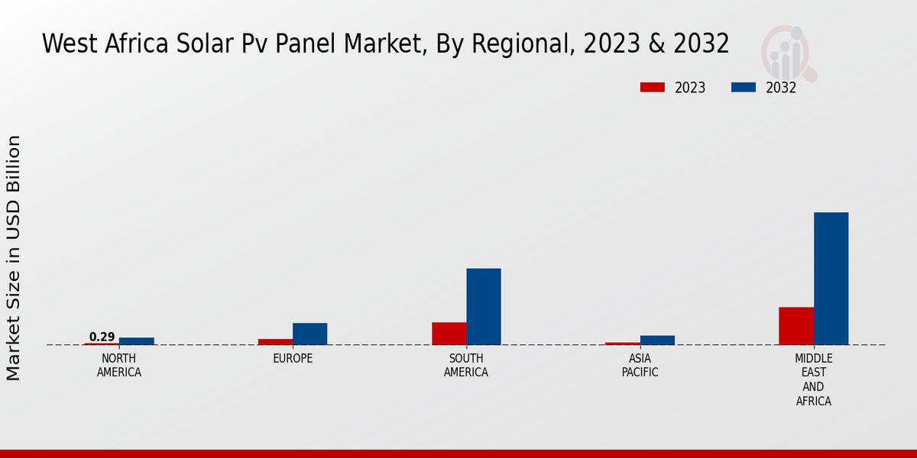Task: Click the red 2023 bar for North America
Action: [x=102, y=343]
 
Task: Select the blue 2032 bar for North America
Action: [x=136, y=341]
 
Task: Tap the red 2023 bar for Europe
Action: [x=275, y=341]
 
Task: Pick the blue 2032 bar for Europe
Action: [x=309, y=334]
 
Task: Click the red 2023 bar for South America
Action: [x=449, y=334]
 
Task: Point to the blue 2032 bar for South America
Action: [x=484, y=306]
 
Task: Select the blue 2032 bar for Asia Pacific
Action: [x=657, y=340]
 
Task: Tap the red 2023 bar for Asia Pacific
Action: [x=622, y=343]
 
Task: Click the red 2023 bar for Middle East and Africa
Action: [x=796, y=326]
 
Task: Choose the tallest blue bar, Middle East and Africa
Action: [x=831, y=278]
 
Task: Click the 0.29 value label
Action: [x=102, y=337]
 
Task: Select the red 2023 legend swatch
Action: [x=652, y=87]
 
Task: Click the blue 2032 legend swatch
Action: [x=743, y=87]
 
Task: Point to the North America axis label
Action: [x=119, y=366]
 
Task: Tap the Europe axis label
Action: [x=293, y=359]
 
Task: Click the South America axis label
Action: [x=466, y=366]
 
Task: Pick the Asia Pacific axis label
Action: [x=640, y=366]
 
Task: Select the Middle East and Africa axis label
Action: [x=813, y=379]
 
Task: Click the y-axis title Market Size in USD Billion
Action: [x=14, y=257]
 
